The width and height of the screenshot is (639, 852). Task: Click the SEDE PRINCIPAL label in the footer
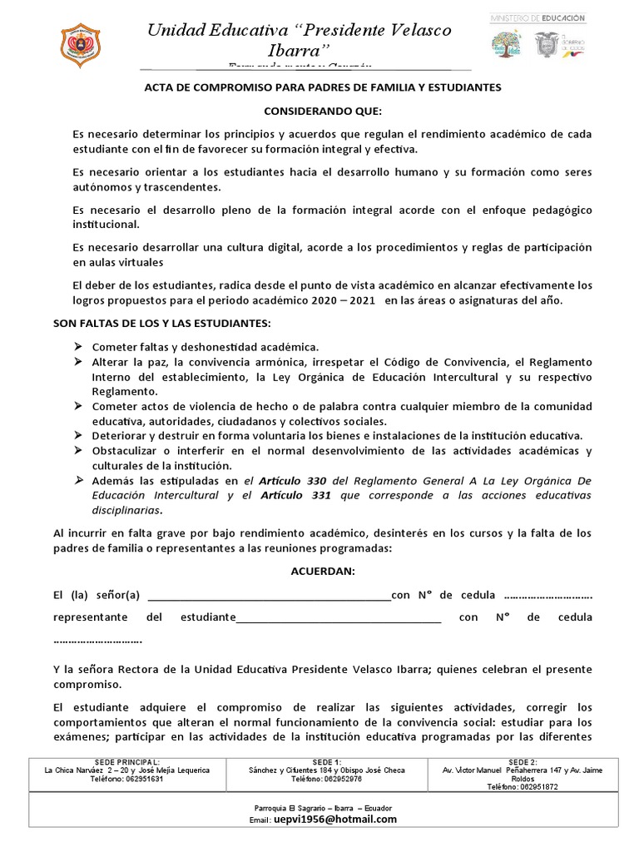(126, 762)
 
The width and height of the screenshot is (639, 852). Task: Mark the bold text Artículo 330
(293, 480)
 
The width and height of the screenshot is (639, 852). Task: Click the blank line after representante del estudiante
(339, 617)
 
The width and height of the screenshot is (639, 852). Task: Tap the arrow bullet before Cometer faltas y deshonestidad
(77, 346)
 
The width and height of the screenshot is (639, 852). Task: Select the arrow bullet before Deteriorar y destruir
(77, 436)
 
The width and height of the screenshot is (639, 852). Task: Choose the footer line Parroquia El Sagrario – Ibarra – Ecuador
(321, 808)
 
